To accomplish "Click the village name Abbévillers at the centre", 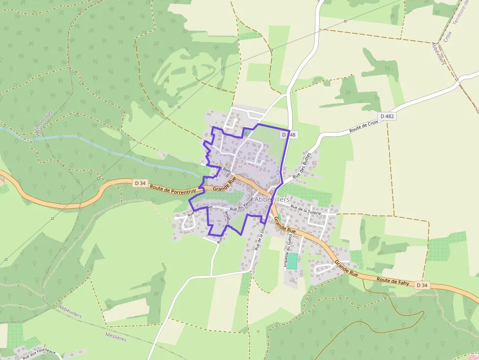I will pos(272,199).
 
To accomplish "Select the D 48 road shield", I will pos(289,134).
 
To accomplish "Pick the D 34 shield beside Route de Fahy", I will pos(422,285).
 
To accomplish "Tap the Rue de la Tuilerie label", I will pos(305,210).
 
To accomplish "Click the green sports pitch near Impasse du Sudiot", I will pos(292,260).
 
